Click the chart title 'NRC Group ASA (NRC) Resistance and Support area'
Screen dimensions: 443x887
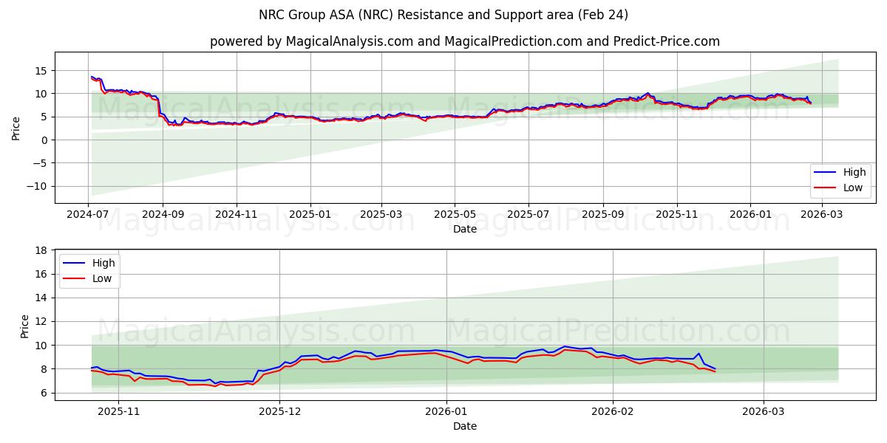pos(443,15)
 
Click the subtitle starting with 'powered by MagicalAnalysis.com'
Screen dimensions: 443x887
pos(464,41)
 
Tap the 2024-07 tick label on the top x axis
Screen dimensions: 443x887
pos(88,214)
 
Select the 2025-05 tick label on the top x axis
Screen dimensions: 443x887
pos(454,214)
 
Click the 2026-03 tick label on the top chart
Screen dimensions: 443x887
pos(821,214)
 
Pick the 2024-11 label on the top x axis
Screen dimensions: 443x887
pos(237,214)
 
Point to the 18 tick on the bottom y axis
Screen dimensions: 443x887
pos(41,250)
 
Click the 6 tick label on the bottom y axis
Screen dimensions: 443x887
pos(44,393)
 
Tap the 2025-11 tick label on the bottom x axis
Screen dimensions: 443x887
pos(119,411)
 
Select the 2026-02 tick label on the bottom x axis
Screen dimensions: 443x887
pos(613,411)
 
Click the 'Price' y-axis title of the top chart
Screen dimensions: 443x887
pos(16,127)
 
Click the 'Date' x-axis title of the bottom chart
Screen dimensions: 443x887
pos(464,426)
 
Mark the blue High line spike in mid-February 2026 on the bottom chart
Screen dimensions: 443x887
pos(699,354)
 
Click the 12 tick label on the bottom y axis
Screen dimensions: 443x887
pos(41,321)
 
